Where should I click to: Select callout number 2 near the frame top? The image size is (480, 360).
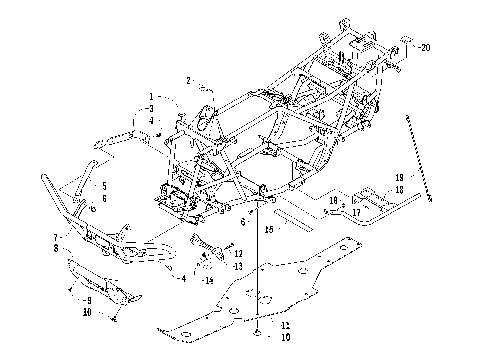point(186,79)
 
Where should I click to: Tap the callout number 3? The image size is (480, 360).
point(150,107)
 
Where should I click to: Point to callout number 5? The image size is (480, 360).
point(103,186)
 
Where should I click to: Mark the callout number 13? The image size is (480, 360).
point(238,267)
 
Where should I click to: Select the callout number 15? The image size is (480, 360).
point(267,228)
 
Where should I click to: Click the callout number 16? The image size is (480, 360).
point(333,200)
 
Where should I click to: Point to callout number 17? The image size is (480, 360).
point(356,212)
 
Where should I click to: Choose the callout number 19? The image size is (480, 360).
point(370,176)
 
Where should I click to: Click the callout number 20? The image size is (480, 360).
point(426,47)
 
